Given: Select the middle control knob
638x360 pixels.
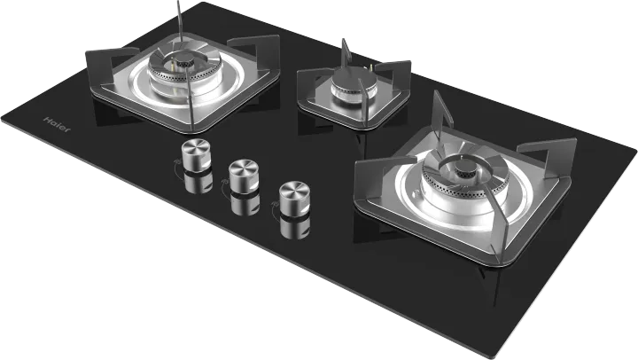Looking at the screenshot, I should coord(240,174).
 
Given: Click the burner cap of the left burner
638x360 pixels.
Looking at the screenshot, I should coord(183,65).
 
